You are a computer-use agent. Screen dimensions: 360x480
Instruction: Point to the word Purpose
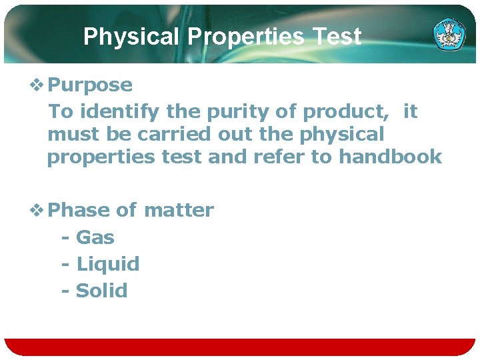coord(91,85)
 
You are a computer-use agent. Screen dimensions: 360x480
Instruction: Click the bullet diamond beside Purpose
coord(37,85)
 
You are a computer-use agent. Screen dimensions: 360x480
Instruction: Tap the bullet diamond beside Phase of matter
coord(37,210)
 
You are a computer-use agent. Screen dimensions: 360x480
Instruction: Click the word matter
coord(179,210)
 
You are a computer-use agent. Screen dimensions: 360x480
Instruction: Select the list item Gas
coord(95,237)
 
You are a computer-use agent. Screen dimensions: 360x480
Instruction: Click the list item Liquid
coord(108,264)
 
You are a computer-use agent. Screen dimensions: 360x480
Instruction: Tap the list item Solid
coord(101,291)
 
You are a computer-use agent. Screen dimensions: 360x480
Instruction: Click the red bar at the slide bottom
coord(240,347)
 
